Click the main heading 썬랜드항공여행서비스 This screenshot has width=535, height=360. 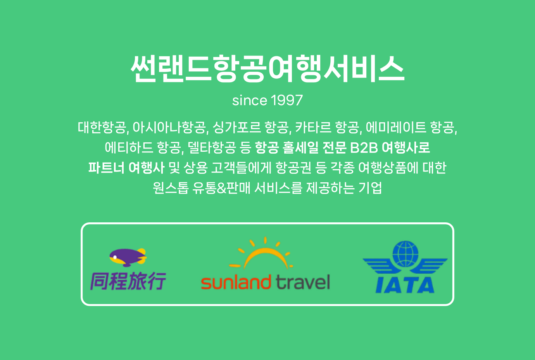[267, 69]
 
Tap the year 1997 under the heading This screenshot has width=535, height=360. [287, 100]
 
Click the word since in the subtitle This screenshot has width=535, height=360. [250, 100]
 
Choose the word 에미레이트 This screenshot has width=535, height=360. [396, 127]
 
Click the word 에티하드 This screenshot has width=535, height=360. [129, 147]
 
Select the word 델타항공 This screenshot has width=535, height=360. [212, 147]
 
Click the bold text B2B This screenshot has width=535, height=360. [364, 148]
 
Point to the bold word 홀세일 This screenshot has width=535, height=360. [300, 147]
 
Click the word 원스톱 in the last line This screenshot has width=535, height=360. [171, 188]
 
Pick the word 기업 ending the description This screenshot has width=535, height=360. [370, 188]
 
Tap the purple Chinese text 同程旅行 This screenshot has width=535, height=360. [128, 281]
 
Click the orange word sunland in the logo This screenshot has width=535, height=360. [236, 282]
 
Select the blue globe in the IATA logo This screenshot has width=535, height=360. [405, 254]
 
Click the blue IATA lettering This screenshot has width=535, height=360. [405, 285]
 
